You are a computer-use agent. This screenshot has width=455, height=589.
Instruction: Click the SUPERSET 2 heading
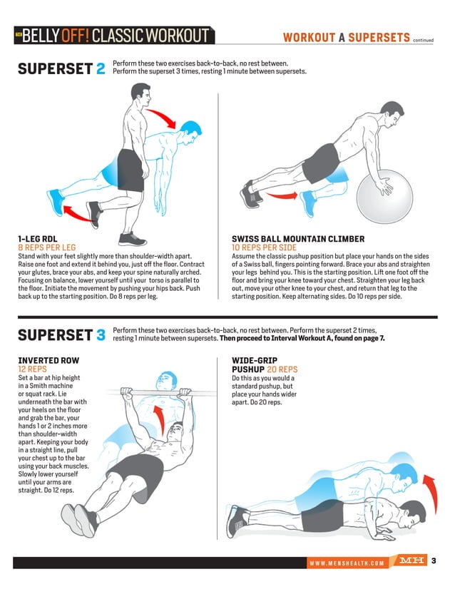pyautogui.click(x=61, y=69)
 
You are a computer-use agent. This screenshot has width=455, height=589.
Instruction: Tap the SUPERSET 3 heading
pyautogui.click(x=61, y=334)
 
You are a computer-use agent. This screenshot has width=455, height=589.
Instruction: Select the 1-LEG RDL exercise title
pyautogui.click(x=37, y=239)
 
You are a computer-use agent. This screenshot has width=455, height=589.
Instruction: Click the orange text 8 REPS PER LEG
pyautogui.click(x=47, y=247)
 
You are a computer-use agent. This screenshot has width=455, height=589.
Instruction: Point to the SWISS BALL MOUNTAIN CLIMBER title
pyautogui.click(x=298, y=239)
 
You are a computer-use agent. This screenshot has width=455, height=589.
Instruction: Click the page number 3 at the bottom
pyautogui.click(x=434, y=561)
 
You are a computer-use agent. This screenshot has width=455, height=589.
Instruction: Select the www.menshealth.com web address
pyautogui.click(x=346, y=563)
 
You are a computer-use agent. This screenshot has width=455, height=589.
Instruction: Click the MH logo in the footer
pyautogui.click(x=411, y=561)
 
